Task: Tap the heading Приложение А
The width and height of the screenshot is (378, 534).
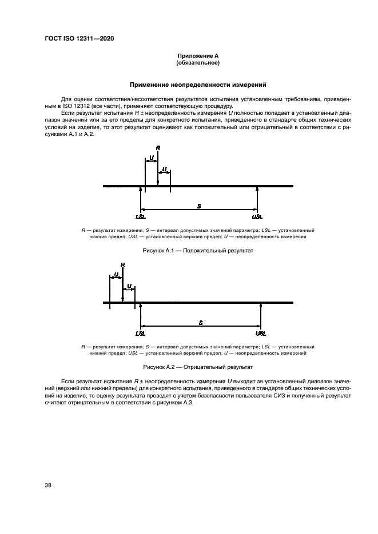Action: [198, 55]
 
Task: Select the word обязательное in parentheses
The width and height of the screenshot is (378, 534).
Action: [198, 62]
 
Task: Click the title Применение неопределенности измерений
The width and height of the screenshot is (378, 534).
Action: [198, 85]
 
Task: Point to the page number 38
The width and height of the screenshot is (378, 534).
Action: [48, 485]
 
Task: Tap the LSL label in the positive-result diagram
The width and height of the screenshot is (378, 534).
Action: [141, 217]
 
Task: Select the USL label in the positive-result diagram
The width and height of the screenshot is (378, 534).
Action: [257, 217]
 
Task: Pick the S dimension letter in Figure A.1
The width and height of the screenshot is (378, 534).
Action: [198, 205]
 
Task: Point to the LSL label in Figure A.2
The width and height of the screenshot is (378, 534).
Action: [141, 333]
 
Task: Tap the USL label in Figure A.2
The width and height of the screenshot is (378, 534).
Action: [261, 333]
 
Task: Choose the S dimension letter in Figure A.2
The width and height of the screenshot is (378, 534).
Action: [201, 322]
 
